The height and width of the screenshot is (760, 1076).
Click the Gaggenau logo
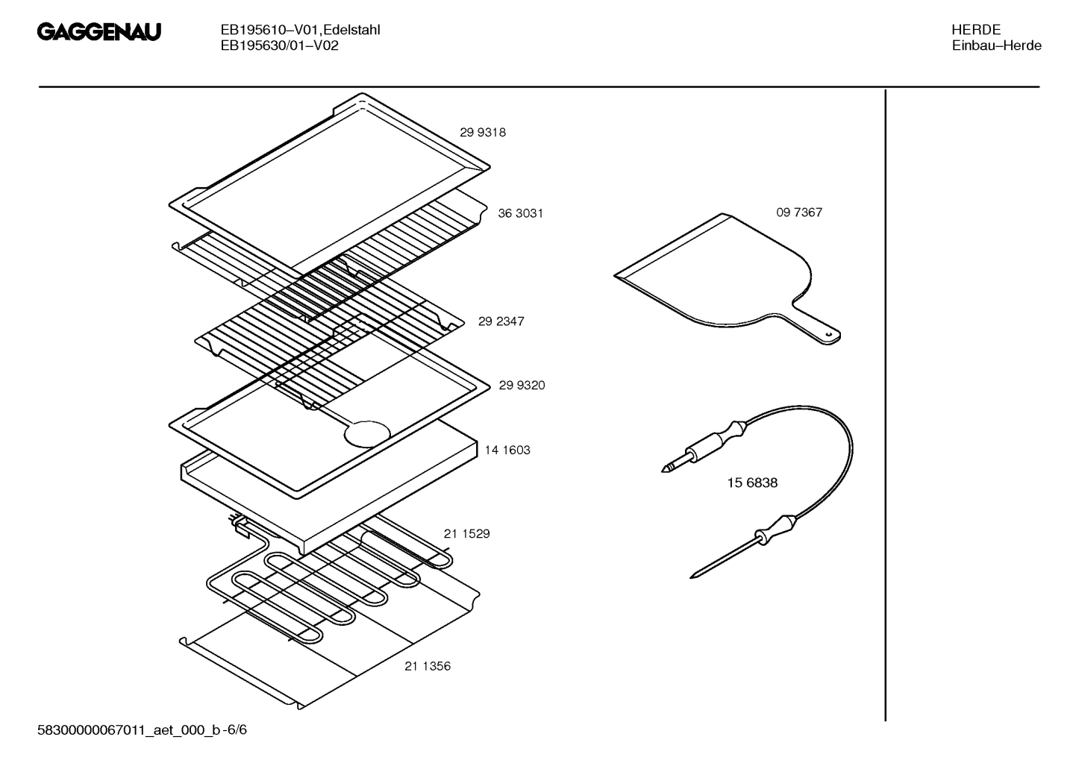[x=98, y=33]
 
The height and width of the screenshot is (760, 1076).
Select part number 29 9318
[x=482, y=133]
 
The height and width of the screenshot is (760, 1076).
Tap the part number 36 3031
[x=520, y=213]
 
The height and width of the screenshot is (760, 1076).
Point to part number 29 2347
[x=501, y=321]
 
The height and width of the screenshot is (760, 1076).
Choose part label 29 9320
[x=522, y=386]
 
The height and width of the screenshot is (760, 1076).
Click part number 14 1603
[x=507, y=450]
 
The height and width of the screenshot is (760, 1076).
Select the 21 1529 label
[x=466, y=534]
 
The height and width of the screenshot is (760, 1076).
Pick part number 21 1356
[x=428, y=667]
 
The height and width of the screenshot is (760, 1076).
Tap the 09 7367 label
[x=798, y=213]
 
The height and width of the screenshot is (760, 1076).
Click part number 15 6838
[x=752, y=483]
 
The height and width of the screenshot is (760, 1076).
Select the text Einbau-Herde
[x=996, y=45]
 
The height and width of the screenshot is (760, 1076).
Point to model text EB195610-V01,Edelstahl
[x=300, y=30]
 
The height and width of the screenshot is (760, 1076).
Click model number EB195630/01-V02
[x=279, y=45]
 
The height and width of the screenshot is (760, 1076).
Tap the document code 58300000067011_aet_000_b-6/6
[x=142, y=730]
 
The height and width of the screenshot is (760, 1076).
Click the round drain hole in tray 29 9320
[x=367, y=435]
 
